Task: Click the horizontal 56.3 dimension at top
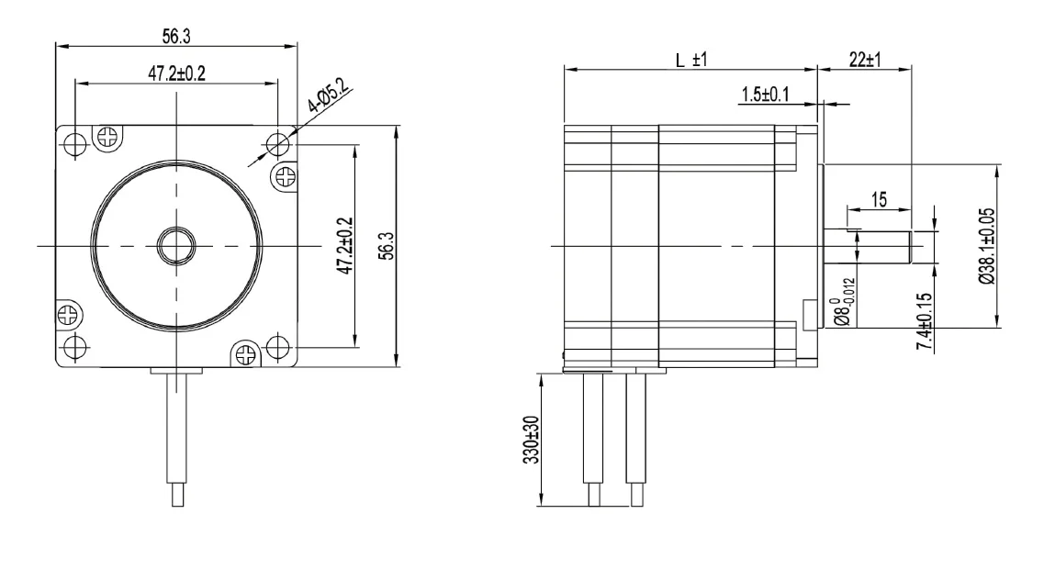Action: [x=176, y=37]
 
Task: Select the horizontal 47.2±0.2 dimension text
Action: [x=177, y=73]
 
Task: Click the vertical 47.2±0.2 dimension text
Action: [x=345, y=245]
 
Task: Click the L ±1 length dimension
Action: [x=691, y=60]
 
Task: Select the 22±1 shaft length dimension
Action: [x=865, y=60]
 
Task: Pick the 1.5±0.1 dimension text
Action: [x=765, y=95]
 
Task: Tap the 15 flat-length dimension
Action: [x=879, y=200]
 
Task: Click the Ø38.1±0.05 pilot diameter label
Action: [x=987, y=246]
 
